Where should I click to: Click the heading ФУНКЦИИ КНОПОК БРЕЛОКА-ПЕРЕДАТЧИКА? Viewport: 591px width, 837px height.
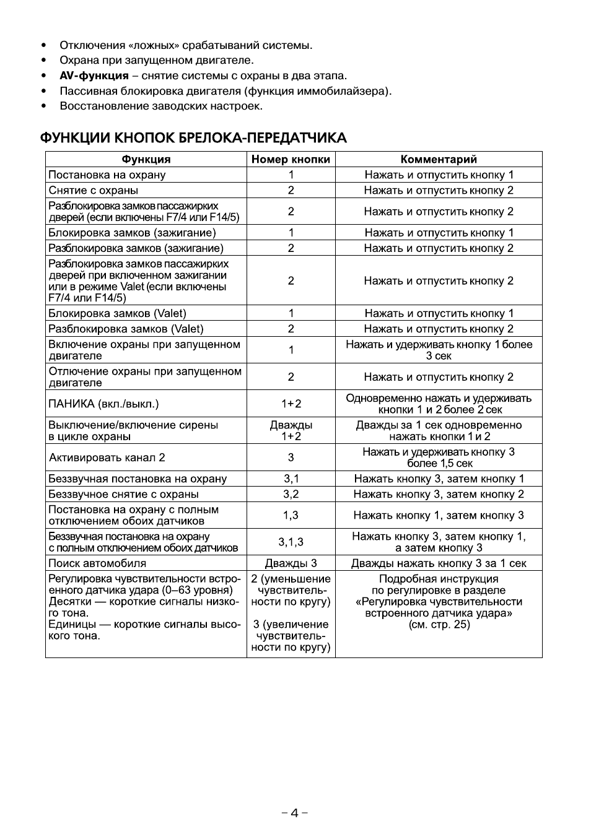(x=193, y=137)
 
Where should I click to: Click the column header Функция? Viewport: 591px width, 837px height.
(x=146, y=159)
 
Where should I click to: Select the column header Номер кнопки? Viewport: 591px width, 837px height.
(x=291, y=159)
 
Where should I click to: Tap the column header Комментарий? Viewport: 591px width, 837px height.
(x=439, y=159)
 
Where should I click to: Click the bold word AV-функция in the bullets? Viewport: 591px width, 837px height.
(x=94, y=76)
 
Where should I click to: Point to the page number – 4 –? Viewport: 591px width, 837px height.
(x=295, y=813)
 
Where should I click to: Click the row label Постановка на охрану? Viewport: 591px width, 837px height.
(x=107, y=175)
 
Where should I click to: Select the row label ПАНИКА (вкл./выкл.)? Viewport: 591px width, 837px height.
(x=103, y=404)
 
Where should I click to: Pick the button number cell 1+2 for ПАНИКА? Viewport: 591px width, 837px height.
(x=291, y=404)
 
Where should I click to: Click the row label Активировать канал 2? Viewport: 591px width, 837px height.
(x=107, y=458)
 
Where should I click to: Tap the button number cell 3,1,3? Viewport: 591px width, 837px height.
(x=291, y=542)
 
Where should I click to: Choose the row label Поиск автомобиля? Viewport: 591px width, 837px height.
(x=97, y=563)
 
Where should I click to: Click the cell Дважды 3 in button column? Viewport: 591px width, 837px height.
(x=291, y=563)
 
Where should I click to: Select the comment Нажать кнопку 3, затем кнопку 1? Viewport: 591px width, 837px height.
(x=439, y=479)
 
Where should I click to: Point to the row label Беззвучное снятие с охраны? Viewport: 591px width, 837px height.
(x=123, y=494)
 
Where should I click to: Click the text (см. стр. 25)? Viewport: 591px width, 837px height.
(x=439, y=625)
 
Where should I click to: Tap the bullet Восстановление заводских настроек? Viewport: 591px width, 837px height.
(x=161, y=106)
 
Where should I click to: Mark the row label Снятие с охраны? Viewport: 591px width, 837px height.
(x=93, y=190)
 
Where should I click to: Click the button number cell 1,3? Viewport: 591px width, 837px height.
(x=291, y=515)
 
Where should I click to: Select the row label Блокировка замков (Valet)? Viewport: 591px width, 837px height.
(x=117, y=313)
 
